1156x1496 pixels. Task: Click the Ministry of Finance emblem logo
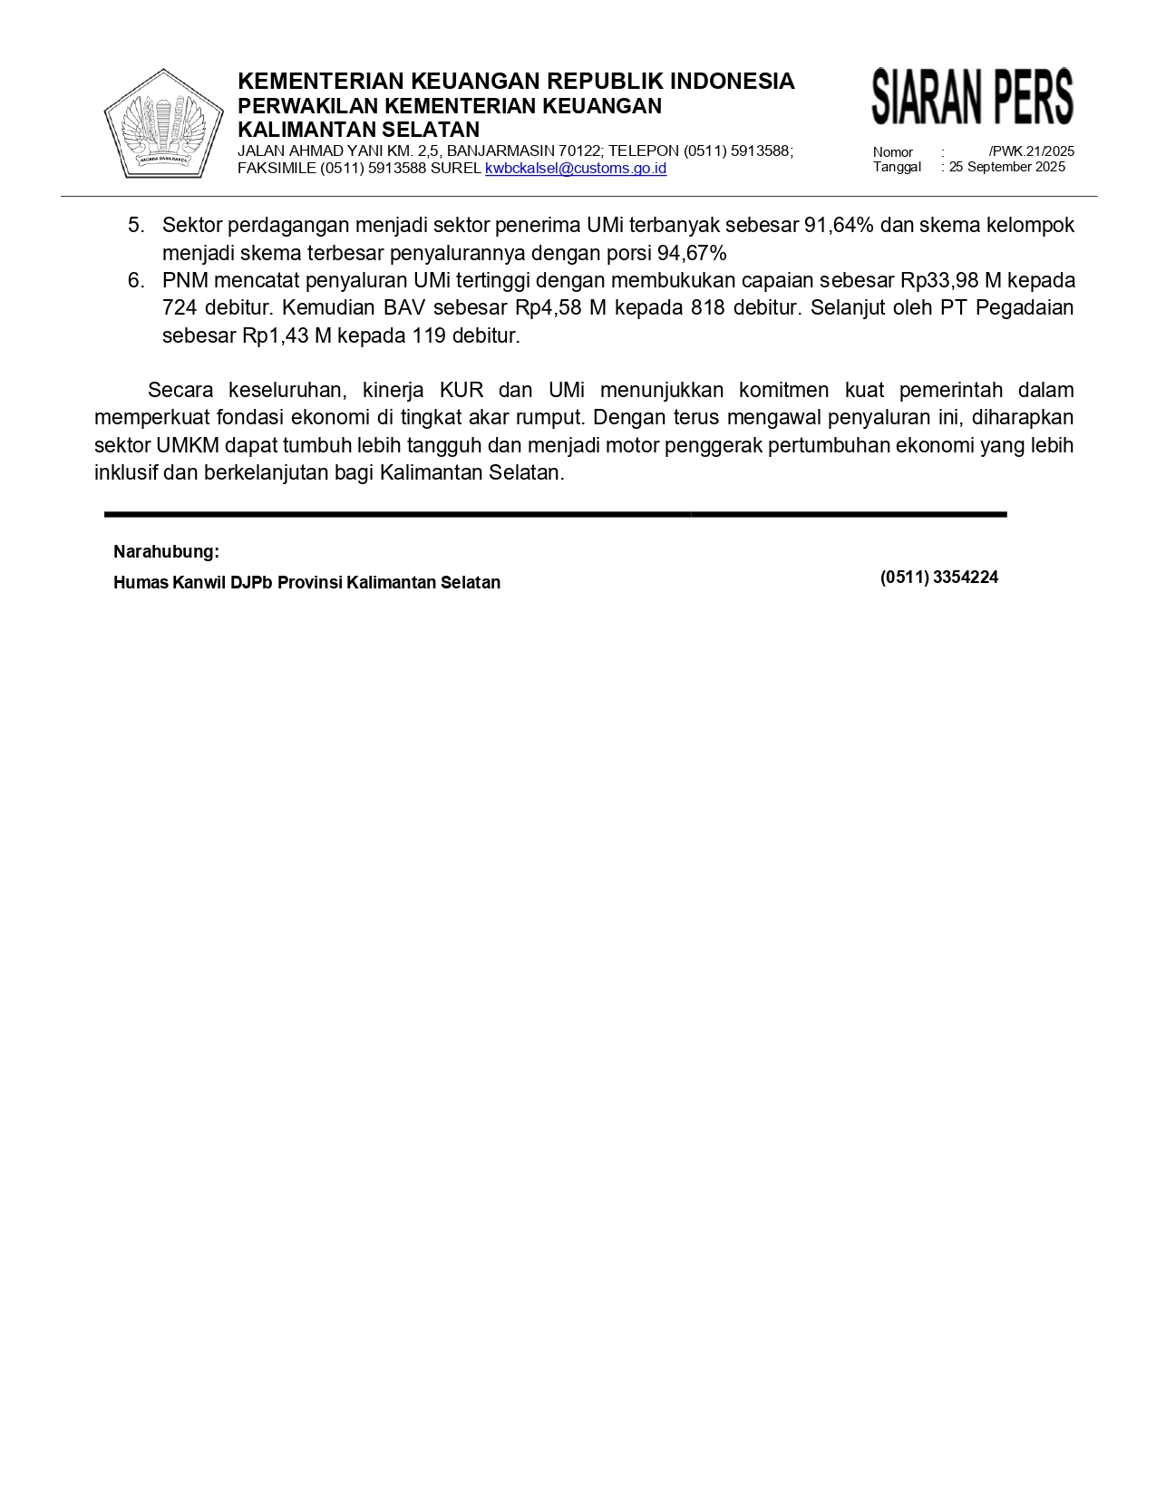point(164,123)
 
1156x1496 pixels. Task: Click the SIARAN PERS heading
point(972,96)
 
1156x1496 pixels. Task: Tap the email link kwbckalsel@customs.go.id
point(576,169)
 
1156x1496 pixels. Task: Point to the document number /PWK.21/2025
point(1031,151)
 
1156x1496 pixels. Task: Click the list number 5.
point(136,225)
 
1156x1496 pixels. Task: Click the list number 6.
point(136,280)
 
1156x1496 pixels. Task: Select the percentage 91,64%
point(839,225)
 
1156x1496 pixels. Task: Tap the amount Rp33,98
point(939,280)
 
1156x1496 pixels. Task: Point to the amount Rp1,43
point(275,335)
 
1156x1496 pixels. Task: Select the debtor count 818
point(707,308)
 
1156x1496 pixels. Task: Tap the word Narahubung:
point(166,552)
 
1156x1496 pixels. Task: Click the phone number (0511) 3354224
point(938,578)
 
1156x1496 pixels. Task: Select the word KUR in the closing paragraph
point(461,391)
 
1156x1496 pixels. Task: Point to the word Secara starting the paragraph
point(180,391)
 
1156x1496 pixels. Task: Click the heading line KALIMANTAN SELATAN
point(358,130)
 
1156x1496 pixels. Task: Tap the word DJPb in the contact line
point(251,583)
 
